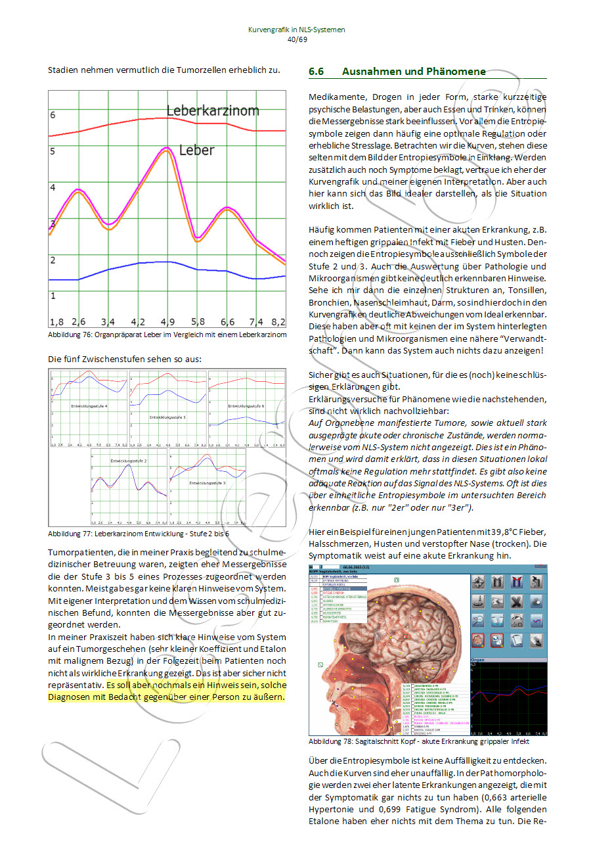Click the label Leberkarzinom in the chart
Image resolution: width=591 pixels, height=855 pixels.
(x=212, y=110)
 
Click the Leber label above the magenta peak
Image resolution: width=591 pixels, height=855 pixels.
(x=196, y=150)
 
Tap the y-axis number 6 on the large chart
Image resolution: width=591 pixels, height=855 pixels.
(x=53, y=115)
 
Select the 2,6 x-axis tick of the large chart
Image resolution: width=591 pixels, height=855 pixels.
(x=79, y=322)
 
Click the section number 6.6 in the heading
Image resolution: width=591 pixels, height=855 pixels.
(x=317, y=72)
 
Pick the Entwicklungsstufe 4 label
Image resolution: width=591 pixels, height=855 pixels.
(x=89, y=407)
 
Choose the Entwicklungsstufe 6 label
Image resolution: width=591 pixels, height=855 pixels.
(x=246, y=406)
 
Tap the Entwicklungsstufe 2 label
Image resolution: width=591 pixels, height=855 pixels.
(x=129, y=461)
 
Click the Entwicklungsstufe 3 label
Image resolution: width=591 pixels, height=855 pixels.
(x=208, y=483)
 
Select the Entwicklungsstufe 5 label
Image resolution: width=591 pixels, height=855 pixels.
(x=167, y=417)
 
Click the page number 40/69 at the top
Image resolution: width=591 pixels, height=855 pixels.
(x=297, y=39)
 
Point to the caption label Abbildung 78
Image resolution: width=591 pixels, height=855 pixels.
(x=327, y=741)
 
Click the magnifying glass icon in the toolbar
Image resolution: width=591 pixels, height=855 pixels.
(x=479, y=621)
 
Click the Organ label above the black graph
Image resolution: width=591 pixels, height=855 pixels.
(x=479, y=660)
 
